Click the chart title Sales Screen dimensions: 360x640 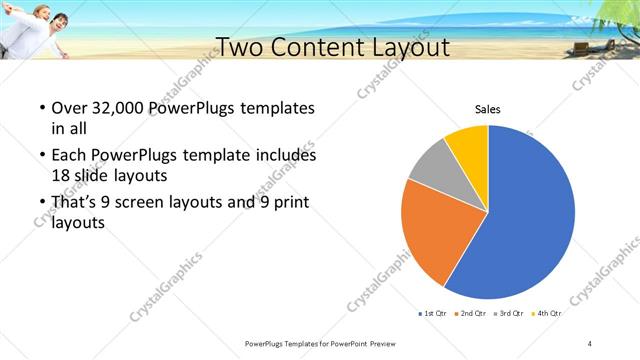[487, 109]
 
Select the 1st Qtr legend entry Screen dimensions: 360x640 [432, 314]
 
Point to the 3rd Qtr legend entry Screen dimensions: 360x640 [507, 314]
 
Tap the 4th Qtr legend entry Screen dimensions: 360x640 [545, 314]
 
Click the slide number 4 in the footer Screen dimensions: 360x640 [590, 344]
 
